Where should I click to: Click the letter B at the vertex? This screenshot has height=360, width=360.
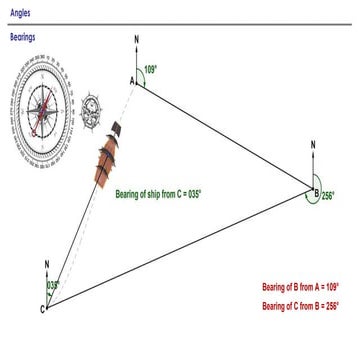point(315,194)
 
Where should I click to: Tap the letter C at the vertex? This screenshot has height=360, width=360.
point(42,309)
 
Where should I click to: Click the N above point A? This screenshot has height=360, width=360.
point(137,41)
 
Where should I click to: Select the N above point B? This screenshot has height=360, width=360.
point(314,145)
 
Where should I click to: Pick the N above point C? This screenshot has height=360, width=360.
point(47,264)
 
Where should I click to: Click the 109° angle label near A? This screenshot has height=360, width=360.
point(151,70)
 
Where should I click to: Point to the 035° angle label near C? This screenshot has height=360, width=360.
point(53,285)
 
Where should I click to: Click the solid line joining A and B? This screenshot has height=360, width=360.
point(225,134)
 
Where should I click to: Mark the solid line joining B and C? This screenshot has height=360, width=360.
point(180,249)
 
